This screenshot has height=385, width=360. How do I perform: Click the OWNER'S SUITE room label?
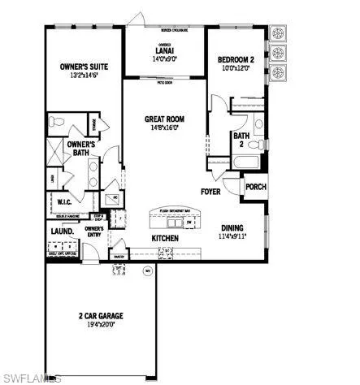(x=85, y=67)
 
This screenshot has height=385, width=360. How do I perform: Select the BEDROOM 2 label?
(x=236, y=60)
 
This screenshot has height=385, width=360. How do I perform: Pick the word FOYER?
(x=212, y=192)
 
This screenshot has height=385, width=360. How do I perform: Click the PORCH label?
(x=255, y=186)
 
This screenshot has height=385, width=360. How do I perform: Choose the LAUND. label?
(x=63, y=231)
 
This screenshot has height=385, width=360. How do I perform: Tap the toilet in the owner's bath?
(x=55, y=122)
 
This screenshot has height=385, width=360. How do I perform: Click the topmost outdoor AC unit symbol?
(x=278, y=34)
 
